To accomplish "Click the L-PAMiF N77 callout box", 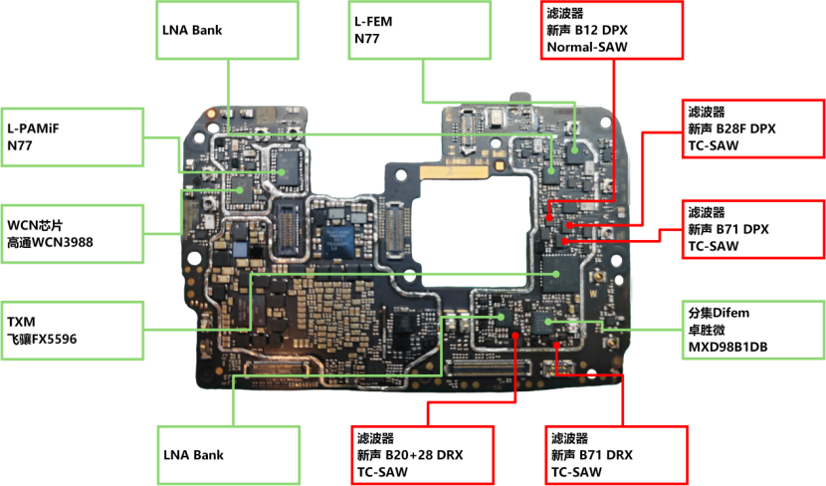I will tap(72, 137).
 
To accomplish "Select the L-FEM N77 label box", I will tap(419, 30).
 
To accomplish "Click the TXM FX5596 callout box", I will tap(72, 331).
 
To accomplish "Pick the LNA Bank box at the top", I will tap(227, 30).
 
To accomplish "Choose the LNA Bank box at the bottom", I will tap(228, 455).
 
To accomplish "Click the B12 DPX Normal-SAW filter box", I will tap(611, 30).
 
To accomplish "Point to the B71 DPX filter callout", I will tap(753, 229).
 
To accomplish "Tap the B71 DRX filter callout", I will tap(616, 455).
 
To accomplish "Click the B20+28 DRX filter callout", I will tap(424, 455).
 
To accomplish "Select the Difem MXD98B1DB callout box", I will tap(753, 331).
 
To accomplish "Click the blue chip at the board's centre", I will tap(344, 240).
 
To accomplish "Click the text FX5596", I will tap(56, 340).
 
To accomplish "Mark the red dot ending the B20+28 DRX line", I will tap(516, 336).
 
